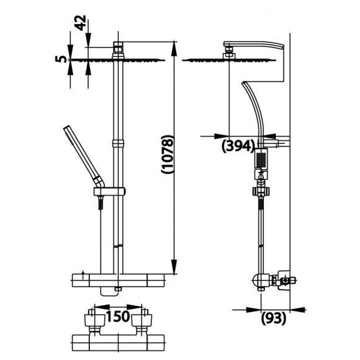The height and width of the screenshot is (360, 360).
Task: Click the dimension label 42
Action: click(81, 23)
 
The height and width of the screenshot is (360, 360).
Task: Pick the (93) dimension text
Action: click(274, 318)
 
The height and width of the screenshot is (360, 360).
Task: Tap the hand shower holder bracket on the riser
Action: click(109, 192)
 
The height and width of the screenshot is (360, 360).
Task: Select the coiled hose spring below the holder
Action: click(101, 202)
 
